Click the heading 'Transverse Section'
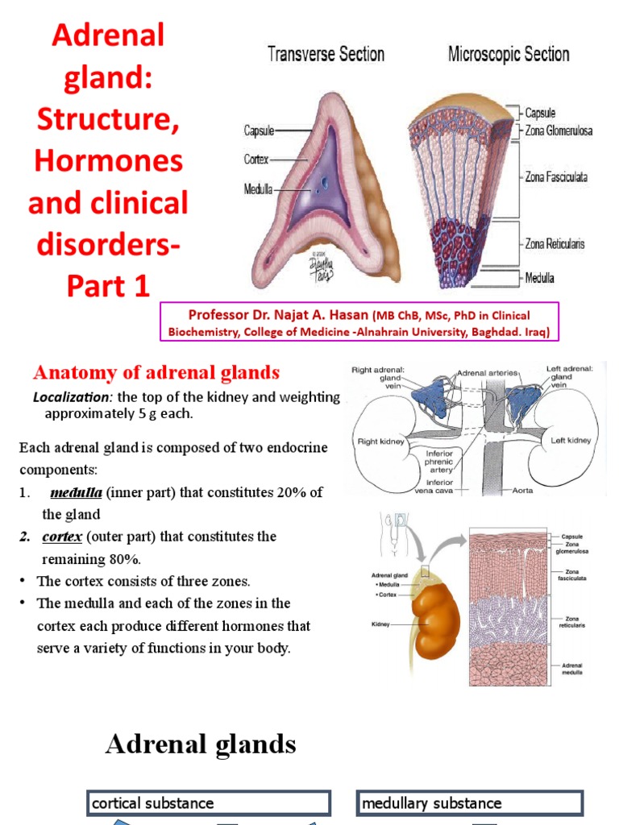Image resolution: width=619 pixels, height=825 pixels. pos(326,55)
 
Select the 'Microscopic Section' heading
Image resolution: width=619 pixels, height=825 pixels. pos(509,55)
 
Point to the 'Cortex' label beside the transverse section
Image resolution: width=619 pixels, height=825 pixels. pos(256,160)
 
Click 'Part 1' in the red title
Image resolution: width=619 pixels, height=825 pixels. pos(108,286)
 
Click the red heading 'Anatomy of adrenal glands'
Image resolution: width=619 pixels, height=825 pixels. pos(156,372)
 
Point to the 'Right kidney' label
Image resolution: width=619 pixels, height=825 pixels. pos(380,442)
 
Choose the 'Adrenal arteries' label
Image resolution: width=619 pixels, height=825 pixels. pos(488,373)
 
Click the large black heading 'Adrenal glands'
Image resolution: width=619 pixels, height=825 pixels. pos(201,744)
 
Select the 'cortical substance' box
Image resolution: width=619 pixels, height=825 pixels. pos(209,803)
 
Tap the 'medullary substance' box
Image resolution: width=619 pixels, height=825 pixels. pos(469,803)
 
